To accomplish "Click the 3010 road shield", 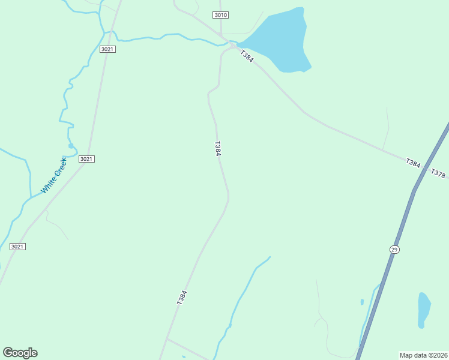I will [x=221, y=14].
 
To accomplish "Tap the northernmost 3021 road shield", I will [x=108, y=49].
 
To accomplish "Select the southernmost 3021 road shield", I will [x=18, y=247].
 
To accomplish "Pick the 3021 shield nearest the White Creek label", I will [x=87, y=158].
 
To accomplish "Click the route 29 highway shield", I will [x=394, y=249].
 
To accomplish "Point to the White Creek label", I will [x=53, y=175].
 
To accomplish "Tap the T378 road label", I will [x=439, y=174].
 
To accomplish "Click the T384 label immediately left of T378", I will [x=413, y=163].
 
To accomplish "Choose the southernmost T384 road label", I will [x=182, y=298].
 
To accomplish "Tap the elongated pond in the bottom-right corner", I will [x=424, y=310].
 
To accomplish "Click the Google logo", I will [x=20, y=353].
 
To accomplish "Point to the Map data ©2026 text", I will [x=423, y=355].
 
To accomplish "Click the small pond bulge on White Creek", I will [x=71, y=146].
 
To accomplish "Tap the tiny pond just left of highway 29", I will [x=362, y=302].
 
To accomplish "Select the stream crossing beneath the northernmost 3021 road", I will [x=112, y=33].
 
